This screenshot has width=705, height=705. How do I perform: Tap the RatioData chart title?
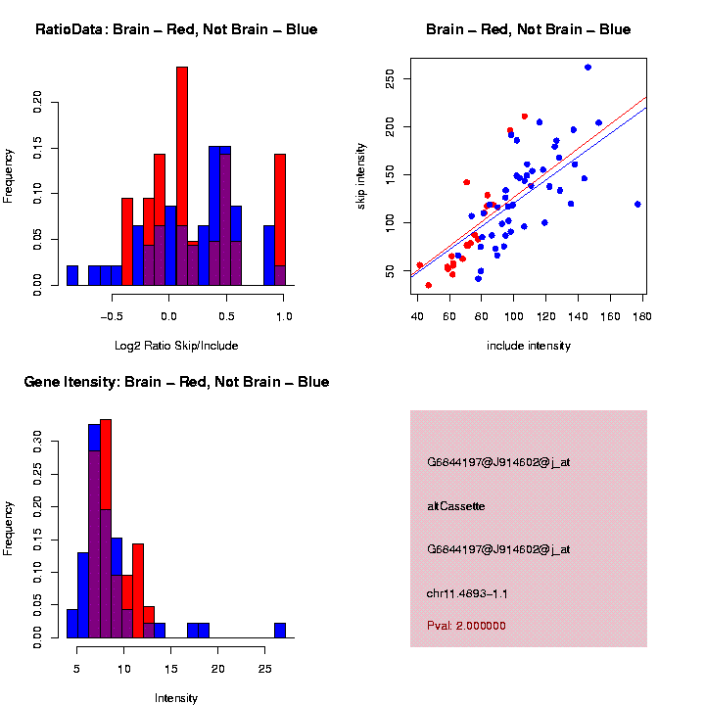[176, 29]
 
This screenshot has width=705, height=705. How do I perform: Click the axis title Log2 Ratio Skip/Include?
[175, 345]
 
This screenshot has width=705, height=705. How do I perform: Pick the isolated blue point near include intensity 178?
[637, 205]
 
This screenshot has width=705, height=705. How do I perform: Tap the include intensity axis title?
[529, 345]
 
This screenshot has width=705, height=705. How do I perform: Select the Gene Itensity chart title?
[176, 382]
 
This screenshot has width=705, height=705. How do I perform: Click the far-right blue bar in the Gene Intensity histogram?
[280, 630]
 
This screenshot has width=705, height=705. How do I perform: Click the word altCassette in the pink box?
[456, 506]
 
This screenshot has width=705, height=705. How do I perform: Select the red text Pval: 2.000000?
[466, 625]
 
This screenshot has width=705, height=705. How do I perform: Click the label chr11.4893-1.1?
[467, 593]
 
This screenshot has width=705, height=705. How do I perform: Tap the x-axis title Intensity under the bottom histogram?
[175, 698]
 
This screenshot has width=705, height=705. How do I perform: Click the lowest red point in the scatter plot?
[429, 285]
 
